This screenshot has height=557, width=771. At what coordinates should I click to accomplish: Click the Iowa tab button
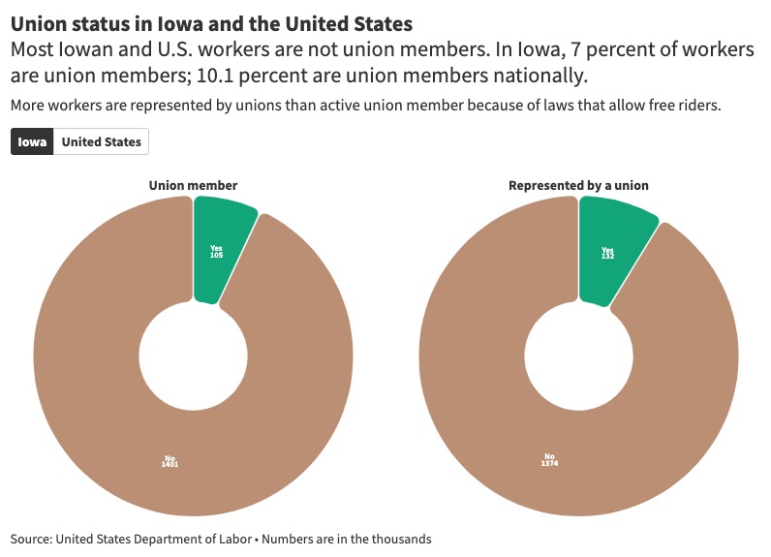pyautogui.click(x=32, y=141)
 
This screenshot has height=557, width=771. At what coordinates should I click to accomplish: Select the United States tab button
pyautogui.click(x=101, y=141)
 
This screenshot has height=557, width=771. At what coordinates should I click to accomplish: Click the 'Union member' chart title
pyautogui.click(x=193, y=185)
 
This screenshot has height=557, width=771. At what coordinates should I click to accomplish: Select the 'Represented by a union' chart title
pyautogui.click(x=578, y=185)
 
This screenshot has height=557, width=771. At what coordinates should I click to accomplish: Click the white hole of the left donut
pyautogui.click(x=193, y=356)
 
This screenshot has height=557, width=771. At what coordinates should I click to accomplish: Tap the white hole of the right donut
pyautogui.click(x=578, y=356)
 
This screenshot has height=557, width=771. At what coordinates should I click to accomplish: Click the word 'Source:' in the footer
pyautogui.click(x=31, y=539)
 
